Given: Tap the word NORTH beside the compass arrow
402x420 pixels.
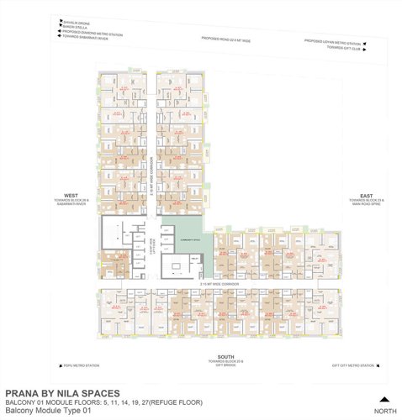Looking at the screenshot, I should point(385,412).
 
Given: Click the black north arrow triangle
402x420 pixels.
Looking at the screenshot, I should point(384,400).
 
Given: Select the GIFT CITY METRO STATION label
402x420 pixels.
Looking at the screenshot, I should point(352,365).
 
